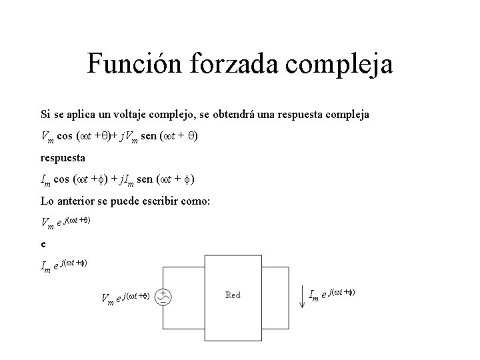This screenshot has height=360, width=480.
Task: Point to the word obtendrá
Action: point(254,115)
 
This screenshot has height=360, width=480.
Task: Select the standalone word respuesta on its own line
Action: point(63,159)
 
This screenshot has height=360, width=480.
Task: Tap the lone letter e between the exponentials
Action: point(43,244)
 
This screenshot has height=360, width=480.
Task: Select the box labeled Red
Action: point(233,295)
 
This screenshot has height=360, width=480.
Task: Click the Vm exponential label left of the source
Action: point(125,297)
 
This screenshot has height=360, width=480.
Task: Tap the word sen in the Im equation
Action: point(162,181)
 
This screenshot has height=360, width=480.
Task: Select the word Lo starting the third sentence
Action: point(47,203)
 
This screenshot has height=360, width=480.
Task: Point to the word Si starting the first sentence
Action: point(45,115)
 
